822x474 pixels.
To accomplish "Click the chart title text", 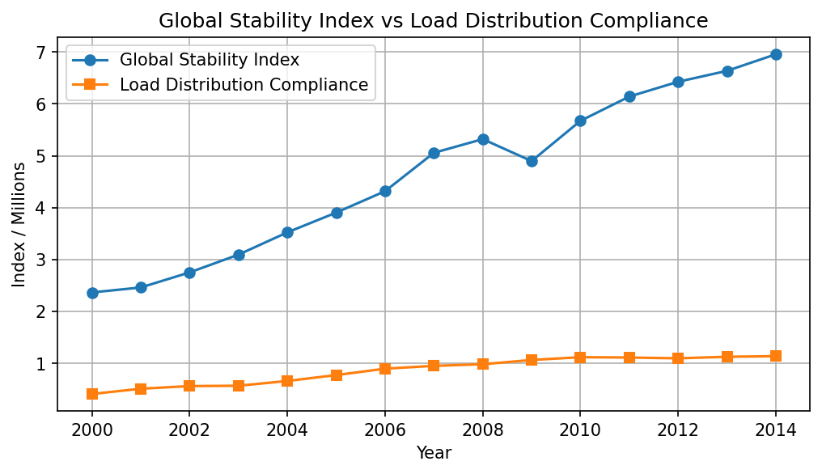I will [433, 21].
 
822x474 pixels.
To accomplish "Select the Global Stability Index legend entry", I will [210, 60].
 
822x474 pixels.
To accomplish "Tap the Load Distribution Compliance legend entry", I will [244, 85].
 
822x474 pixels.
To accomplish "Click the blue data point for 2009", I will [532, 161].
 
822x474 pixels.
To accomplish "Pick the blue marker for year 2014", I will [776, 54].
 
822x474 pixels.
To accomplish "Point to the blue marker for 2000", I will [92, 293].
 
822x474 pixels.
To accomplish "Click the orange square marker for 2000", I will [92, 394].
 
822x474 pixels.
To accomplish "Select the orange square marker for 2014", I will [776, 356].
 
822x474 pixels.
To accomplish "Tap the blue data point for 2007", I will [434, 153].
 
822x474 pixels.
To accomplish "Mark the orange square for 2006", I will [385, 369].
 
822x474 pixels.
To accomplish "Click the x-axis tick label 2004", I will [287, 430].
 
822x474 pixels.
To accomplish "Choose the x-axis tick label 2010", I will [580, 430].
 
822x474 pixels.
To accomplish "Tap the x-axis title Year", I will [434, 453].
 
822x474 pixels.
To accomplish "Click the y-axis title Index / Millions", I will [19, 225].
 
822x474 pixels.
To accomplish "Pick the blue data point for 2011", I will [629, 96].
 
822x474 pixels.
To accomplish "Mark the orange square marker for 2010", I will [580, 358].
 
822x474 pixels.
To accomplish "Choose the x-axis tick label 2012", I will [678, 430].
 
